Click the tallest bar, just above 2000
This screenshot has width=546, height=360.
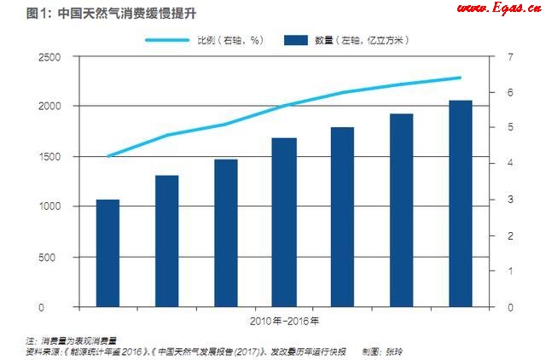(x=461, y=203)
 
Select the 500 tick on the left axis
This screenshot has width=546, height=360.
(x=54, y=257)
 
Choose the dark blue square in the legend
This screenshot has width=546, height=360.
(x=294, y=39)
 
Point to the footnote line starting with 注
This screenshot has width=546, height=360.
(x=73, y=339)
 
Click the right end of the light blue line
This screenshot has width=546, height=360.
(x=461, y=78)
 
